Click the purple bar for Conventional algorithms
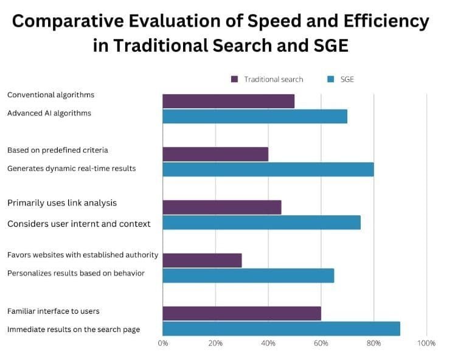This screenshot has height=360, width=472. tap(228, 101)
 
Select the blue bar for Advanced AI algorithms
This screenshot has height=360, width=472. tap(255, 116)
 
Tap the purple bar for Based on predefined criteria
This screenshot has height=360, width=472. tap(215, 154)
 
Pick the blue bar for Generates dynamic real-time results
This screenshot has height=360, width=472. tap(268, 169)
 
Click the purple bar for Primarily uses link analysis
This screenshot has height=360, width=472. tap(222, 207)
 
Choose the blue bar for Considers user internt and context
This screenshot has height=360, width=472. tap(262, 222)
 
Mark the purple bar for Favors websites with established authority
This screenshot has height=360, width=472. tap(202, 260)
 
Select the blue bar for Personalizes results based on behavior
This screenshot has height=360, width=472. tap(248, 275)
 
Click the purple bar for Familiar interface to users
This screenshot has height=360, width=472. tap(241, 313)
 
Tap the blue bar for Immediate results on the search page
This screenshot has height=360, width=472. tap(281, 328)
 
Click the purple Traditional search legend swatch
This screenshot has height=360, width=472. tap(235, 79)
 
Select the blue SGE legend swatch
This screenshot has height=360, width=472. tap(330, 79)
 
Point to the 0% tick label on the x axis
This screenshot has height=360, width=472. tap(163, 344)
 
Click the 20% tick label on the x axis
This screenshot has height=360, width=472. tap(215, 344)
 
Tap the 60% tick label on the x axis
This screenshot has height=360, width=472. tap(321, 344)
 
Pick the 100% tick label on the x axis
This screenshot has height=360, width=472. tap(426, 344)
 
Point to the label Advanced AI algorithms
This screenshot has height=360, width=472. tap(49, 113)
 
